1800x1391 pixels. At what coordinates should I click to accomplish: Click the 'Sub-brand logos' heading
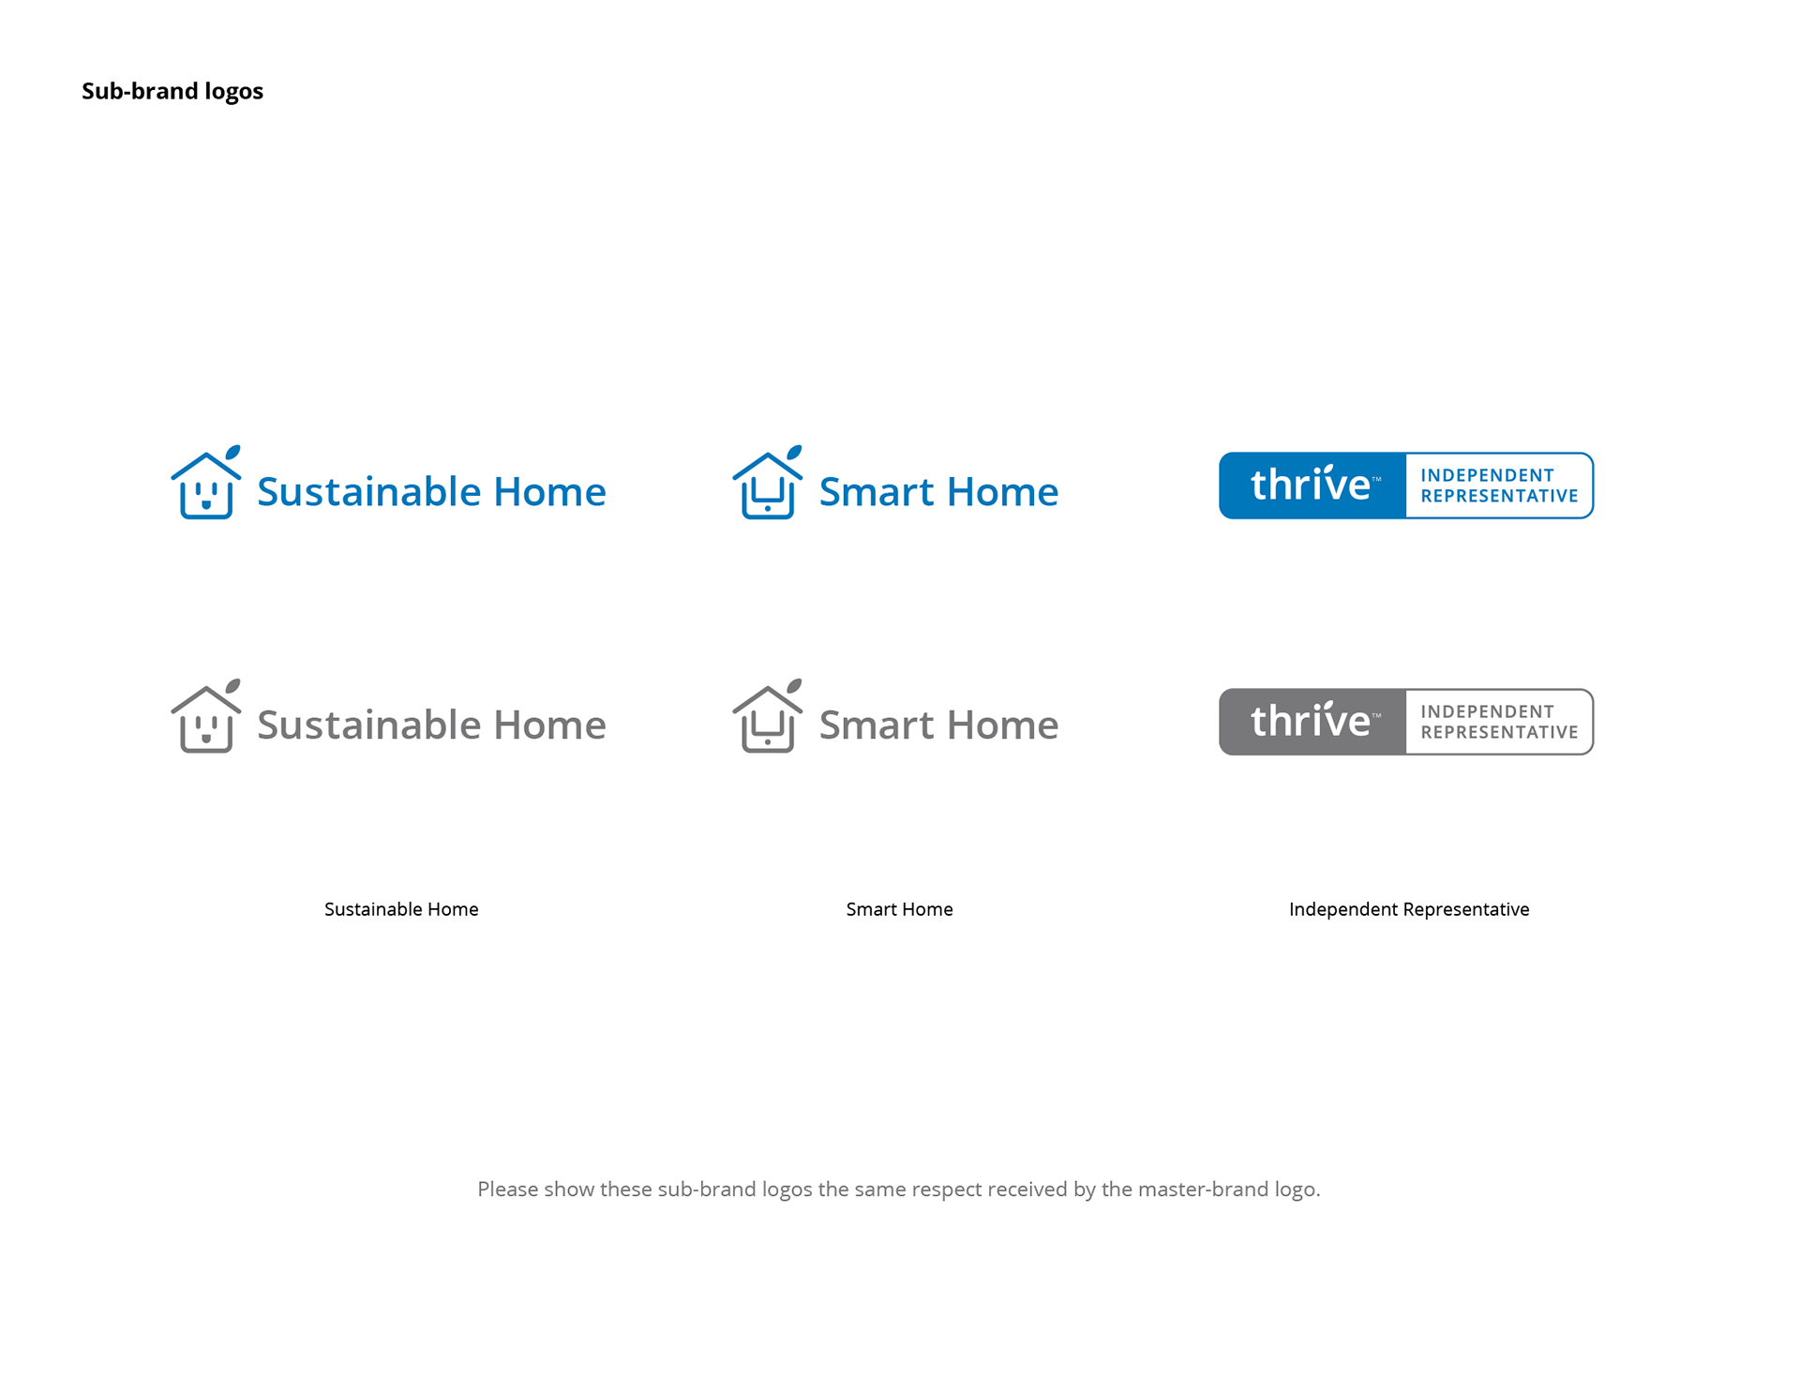coord(172,91)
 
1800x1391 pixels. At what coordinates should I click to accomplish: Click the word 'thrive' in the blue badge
coord(1311,484)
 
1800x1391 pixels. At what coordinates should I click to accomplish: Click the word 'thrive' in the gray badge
coord(1311,720)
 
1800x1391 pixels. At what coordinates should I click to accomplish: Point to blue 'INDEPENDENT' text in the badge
coord(1487,475)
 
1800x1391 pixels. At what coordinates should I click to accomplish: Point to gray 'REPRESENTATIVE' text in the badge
coord(1499,732)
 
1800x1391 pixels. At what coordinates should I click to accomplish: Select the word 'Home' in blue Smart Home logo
coord(1003,491)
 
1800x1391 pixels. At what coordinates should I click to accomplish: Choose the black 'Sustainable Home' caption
coord(401,909)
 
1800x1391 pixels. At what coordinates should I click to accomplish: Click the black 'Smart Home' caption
coord(899,909)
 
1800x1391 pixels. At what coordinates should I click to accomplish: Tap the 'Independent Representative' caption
coord(1409,909)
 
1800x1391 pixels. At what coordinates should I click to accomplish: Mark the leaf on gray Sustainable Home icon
coord(232,685)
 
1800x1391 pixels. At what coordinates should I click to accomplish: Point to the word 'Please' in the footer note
coord(507,1189)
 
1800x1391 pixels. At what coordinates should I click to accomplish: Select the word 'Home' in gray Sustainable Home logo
coord(550,725)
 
